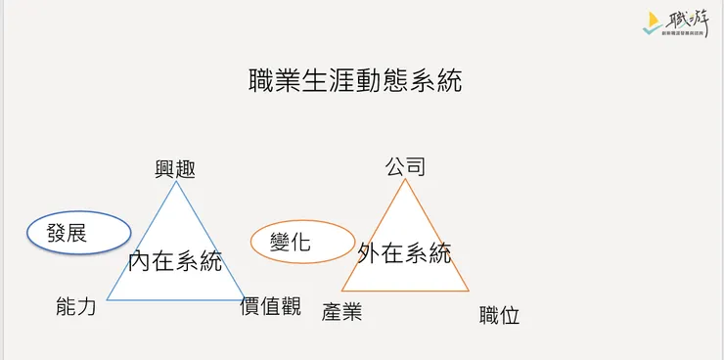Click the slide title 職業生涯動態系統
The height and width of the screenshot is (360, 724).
pyautogui.click(x=356, y=81)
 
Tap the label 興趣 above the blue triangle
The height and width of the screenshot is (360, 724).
pyautogui.click(x=175, y=168)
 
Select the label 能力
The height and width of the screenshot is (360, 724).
pyautogui.click(x=76, y=307)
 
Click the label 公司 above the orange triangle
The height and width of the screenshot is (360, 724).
pyautogui.click(x=405, y=166)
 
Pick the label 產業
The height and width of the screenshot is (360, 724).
pyautogui.click(x=341, y=313)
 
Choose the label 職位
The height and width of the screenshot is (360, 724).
pyautogui.click(x=499, y=315)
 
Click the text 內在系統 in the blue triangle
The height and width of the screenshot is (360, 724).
pyautogui.click(x=175, y=261)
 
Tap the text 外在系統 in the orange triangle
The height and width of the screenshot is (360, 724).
pyautogui.click(x=404, y=253)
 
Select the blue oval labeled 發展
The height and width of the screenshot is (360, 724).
pyautogui.click(x=78, y=233)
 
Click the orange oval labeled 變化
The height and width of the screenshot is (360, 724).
pyautogui.click(x=301, y=242)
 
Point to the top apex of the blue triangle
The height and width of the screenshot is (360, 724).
pyautogui.click(x=175, y=182)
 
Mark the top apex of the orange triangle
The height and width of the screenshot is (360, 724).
pyautogui.click(x=405, y=181)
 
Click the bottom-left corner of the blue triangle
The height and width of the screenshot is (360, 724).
pyautogui.click(x=107, y=299)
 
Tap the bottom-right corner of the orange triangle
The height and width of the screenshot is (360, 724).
pyautogui.click(x=469, y=291)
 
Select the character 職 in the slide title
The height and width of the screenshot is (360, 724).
pyautogui.click(x=262, y=81)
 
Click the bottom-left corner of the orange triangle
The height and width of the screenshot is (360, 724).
pyautogui.click(x=341, y=291)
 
